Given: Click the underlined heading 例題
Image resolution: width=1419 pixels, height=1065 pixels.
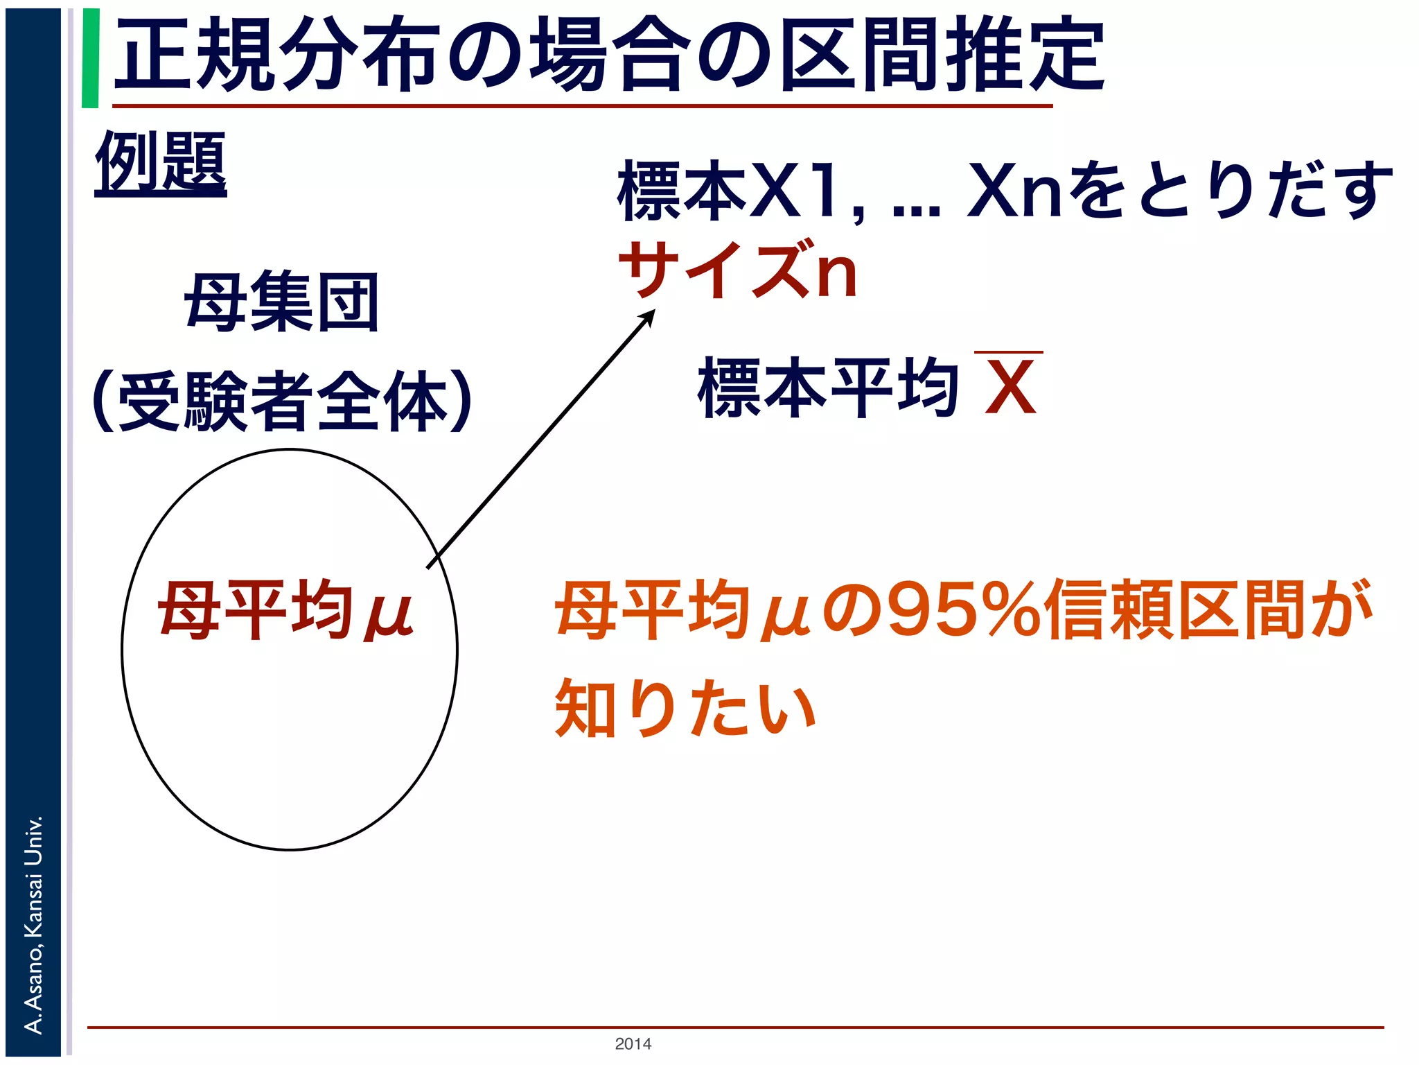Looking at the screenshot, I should pos(161,164).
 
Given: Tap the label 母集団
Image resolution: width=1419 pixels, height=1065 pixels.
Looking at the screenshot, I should pos(281,302).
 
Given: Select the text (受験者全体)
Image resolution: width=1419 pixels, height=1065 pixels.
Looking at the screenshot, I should pos(282,401).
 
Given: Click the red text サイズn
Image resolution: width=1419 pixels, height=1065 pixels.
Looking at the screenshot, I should pos(739,270).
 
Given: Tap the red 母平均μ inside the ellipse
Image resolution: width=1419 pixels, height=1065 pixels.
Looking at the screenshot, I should pos(285,610).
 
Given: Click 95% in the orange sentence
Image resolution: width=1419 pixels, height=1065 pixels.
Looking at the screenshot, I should pos(963,610).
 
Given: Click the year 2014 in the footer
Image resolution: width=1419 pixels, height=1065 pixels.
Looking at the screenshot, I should pos(633,1044).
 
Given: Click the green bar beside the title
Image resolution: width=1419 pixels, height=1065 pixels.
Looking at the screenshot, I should pos(90,58).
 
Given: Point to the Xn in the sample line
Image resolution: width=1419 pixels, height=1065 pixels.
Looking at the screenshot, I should pos(1014,190).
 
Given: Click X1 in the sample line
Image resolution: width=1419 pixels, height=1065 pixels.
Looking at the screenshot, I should pos(804,190).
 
